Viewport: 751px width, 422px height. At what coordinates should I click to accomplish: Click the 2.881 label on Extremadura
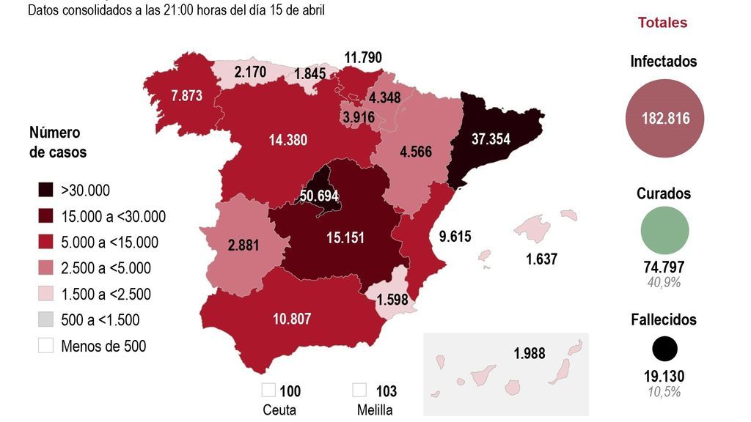point(243,245)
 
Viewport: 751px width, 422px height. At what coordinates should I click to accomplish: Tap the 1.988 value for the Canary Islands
point(530,353)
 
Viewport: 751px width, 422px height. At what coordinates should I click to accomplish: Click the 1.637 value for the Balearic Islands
point(542,259)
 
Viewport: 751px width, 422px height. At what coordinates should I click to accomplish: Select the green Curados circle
point(664,230)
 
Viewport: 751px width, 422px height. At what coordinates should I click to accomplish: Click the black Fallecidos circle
point(664,349)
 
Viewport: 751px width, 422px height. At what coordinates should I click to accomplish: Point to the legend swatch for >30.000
point(46,190)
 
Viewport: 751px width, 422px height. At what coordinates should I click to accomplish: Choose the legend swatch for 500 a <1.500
point(46,320)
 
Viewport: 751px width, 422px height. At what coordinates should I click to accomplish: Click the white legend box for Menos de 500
point(46,346)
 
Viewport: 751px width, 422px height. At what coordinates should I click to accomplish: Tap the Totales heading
point(662,23)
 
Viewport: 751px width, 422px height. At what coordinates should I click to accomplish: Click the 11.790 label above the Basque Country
point(364,57)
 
